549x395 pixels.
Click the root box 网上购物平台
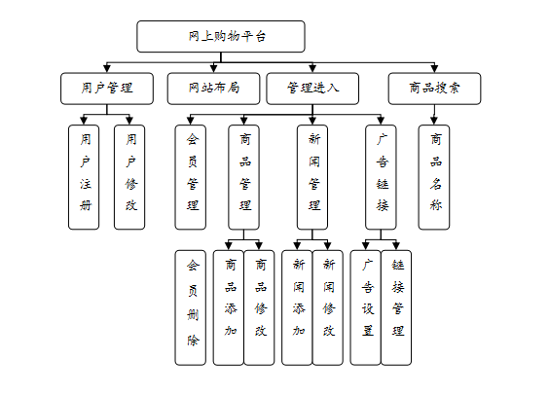[221, 36]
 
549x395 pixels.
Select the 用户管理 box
[107, 89]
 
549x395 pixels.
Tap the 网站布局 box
[213, 89]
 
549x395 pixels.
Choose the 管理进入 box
[312, 89]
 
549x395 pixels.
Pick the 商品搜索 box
[434, 89]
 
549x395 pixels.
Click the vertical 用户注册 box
[84, 177]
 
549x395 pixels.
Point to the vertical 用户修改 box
[129, 177]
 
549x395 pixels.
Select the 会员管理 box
[191, 177]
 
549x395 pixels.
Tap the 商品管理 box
[243, 177]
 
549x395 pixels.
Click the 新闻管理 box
[312, 177]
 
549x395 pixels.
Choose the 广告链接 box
[381, 177]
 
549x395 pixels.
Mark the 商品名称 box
[434, 177]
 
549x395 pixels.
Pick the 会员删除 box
[191, 307]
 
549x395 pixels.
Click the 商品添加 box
[229, 307]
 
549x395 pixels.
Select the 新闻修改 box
[328, 307]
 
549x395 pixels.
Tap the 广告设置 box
[366, 307]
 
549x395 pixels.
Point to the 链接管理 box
[396, 307]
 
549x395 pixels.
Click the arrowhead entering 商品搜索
[434, 69]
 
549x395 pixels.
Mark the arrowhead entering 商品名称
[434, 121]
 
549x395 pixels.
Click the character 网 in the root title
[194, 36]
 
